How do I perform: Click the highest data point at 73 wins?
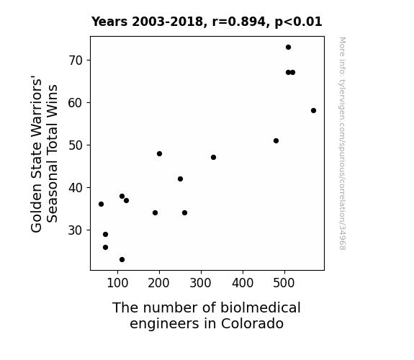tap(288, 48)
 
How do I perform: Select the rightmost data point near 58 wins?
tap(313, 110)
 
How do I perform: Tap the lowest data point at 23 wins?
tap(122, 260)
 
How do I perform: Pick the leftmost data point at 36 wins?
tap(101, 204)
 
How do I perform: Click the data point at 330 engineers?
tap(214, 158)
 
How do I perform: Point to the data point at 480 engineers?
tap(276, 141)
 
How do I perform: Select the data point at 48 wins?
tap(159, 153)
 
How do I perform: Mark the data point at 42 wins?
tap(180, 179)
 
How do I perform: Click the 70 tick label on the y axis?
tap(76, 60)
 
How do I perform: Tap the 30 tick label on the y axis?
tap(76, 230)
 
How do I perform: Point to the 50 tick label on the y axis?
tap(76, 145)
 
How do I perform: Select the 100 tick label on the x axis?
tap(118, 283)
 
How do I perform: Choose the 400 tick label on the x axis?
tap(243, 283)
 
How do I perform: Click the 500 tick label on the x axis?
tap(284, 283)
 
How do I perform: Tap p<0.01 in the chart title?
tap(299, 22)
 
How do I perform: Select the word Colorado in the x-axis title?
tap(253, 324)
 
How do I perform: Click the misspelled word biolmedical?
tap(261, 307)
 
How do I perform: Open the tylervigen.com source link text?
tap(342, 143)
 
